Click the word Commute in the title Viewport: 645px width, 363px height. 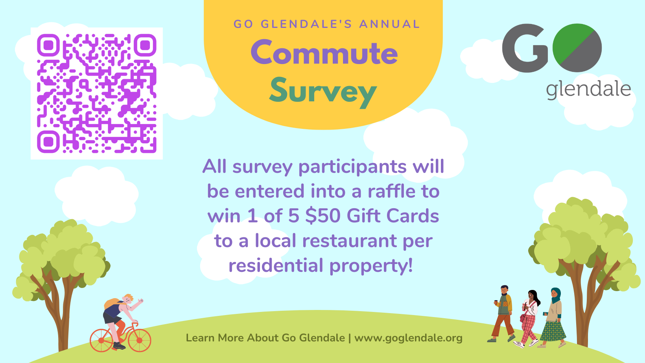click(x=324, y=52)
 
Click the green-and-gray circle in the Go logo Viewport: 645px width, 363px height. click(x=577, y=48)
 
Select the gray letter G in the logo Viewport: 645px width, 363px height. click(x=525, y=48)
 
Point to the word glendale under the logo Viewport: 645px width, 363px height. click(x=588, y=90)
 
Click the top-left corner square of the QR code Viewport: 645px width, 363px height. click(x=48, y=45)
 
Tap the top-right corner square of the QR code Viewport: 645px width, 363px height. click(x=145, y=45)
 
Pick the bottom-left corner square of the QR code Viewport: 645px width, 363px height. click(x=48, y=142)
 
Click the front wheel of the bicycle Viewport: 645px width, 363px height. click(x=139, y=340)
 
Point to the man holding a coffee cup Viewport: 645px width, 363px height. click(x=503, y=313)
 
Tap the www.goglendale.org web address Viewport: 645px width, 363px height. click(x=408, y=338)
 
